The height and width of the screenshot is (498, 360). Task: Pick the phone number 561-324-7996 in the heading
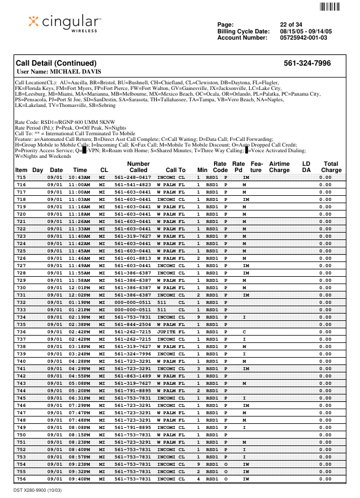307,63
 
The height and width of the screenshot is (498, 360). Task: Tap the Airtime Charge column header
279,166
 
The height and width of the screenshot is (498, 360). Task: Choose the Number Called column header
138,166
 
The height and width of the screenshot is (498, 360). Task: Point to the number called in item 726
133,258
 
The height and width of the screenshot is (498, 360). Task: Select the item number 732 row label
21,302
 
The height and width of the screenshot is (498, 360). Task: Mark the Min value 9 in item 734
199,317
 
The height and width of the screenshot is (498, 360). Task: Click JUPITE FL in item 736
171,332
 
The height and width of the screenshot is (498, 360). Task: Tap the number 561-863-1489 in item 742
133,376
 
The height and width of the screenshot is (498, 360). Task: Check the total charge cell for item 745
325,398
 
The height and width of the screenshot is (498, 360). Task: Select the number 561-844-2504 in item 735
133,324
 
